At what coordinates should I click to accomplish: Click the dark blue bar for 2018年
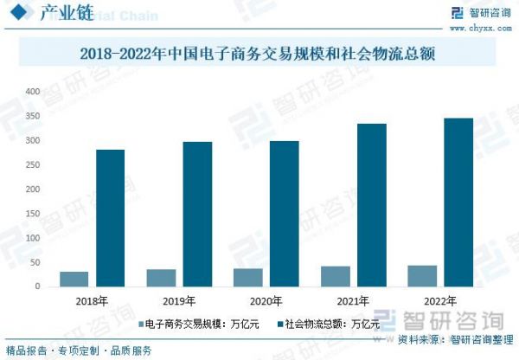click(110, 217)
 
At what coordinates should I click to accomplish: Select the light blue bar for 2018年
click(74, 278)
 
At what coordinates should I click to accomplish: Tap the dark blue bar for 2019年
click(197, 214)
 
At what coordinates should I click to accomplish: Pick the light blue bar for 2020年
click(248, 277)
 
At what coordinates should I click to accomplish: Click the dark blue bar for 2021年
click(371, 204)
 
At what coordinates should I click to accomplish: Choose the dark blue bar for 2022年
click(458, 202)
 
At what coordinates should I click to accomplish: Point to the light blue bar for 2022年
click(423, 275)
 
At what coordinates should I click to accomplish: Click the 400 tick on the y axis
click(33, 92)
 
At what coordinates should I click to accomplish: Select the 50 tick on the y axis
click(35, 261)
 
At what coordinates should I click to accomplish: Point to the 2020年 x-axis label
click(266, 301)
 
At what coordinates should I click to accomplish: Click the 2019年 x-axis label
click(179, 301)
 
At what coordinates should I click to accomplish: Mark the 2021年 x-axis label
click(353, 301)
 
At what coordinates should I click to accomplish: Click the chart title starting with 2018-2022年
click(257, 54)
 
